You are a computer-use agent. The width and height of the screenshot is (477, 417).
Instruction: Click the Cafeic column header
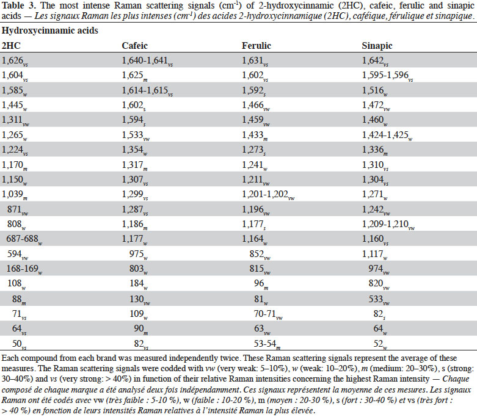tap(134, 46)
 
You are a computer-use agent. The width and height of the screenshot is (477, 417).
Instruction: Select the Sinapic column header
tap(377, 46)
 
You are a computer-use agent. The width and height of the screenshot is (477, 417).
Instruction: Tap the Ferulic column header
tap(256, 46)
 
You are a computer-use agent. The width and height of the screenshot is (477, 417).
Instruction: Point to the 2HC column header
tap(11, 46)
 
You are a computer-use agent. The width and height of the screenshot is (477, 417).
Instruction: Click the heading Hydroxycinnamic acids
tap(50, 31)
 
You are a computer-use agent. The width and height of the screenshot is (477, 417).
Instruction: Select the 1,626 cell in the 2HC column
tap(15, 61)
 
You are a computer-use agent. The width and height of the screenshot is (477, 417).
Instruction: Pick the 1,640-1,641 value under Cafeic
tap(147, 61)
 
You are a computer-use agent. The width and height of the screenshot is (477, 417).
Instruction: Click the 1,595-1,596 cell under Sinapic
tap(388, 76)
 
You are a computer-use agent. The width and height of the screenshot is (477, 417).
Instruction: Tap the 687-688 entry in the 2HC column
tap(24, 239)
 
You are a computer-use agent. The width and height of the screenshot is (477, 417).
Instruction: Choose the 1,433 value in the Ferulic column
tap(255, 136)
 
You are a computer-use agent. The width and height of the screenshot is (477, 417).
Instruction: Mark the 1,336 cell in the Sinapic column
tap(375, 150)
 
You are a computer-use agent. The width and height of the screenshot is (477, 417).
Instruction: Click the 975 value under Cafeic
tap(139, 254)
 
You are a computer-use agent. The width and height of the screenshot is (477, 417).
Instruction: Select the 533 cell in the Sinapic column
tap(379, 299)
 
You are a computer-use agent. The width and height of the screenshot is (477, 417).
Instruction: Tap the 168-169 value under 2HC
tap(24, 269)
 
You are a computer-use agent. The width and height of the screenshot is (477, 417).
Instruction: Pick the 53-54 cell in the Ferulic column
tap(267, 344)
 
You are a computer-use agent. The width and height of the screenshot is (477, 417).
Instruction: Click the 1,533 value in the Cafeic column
tap(136, 136)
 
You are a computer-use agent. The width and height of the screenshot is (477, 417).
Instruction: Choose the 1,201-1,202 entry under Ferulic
tap(268, 195)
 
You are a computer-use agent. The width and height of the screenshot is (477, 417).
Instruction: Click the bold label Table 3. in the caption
tap(19, 5)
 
